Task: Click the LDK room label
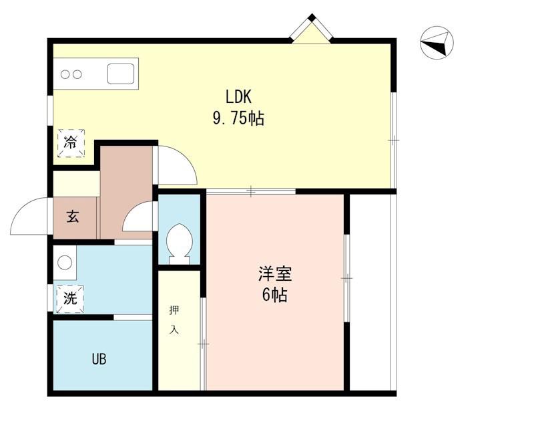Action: pos(238,97)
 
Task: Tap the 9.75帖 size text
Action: pos(238,118)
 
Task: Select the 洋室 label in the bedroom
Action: pos(275,273)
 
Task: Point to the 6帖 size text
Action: pos(274,295)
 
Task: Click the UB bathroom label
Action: pos(99,359)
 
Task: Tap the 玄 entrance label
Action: pos(73,217)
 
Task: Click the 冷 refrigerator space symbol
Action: pos(71,143)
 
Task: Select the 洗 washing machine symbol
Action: pos(70,299)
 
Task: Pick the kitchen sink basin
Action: pos(121,74)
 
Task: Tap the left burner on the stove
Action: pos(65,74)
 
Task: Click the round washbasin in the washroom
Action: pos(65,262)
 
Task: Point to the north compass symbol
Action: pos(437,43)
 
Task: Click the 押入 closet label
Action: pos(174,320)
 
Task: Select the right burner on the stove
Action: pos(77,74)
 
